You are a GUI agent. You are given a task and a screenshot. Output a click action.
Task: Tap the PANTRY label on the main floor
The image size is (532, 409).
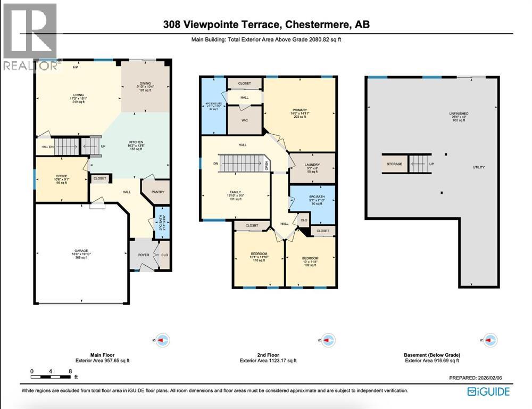coord(157,192)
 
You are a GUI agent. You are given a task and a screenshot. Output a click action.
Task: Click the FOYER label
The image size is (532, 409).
coord(144,255)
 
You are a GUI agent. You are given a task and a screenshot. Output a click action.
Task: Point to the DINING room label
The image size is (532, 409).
coord(146,83)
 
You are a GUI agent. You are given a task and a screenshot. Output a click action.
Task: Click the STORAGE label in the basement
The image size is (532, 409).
coord(394,163)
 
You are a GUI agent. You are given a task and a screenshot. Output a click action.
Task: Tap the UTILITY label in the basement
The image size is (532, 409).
coord(479,167)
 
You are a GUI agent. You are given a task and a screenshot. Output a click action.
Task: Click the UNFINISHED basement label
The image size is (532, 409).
coord(457,113)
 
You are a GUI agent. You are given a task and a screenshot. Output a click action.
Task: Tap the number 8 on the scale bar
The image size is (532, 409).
coord(70,371)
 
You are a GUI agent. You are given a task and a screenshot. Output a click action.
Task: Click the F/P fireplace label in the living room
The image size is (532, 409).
coord(76,67)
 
